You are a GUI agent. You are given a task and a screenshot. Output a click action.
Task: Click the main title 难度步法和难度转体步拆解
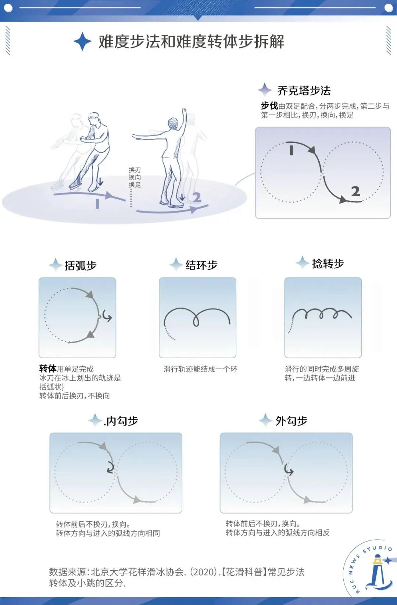(191, 41)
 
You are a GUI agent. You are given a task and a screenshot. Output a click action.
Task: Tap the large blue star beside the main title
(82, 41)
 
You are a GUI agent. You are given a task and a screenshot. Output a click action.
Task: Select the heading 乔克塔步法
(304, 90)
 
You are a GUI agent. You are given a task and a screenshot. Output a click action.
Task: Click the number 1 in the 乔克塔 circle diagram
(291, 151)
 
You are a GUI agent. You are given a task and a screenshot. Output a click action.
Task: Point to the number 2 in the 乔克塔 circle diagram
(355, 191)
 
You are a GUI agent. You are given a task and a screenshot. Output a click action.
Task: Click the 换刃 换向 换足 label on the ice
(135, 177)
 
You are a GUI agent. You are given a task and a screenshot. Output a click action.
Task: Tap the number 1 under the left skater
(97, 204)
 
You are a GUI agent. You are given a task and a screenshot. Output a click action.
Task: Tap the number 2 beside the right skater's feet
(197, 198)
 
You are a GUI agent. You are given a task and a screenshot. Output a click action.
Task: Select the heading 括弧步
(80, 265)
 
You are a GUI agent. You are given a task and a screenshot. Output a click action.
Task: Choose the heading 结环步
(201, 265)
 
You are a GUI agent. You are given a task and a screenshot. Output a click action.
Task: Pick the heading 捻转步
(328, 263)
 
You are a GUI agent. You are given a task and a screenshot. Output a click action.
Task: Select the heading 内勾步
(121, 421)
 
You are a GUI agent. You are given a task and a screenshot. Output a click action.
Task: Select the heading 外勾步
(291, 421)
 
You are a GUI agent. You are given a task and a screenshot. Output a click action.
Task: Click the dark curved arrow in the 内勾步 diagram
(110, 467)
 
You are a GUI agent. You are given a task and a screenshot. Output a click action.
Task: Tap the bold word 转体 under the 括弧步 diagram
(48, 368)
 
